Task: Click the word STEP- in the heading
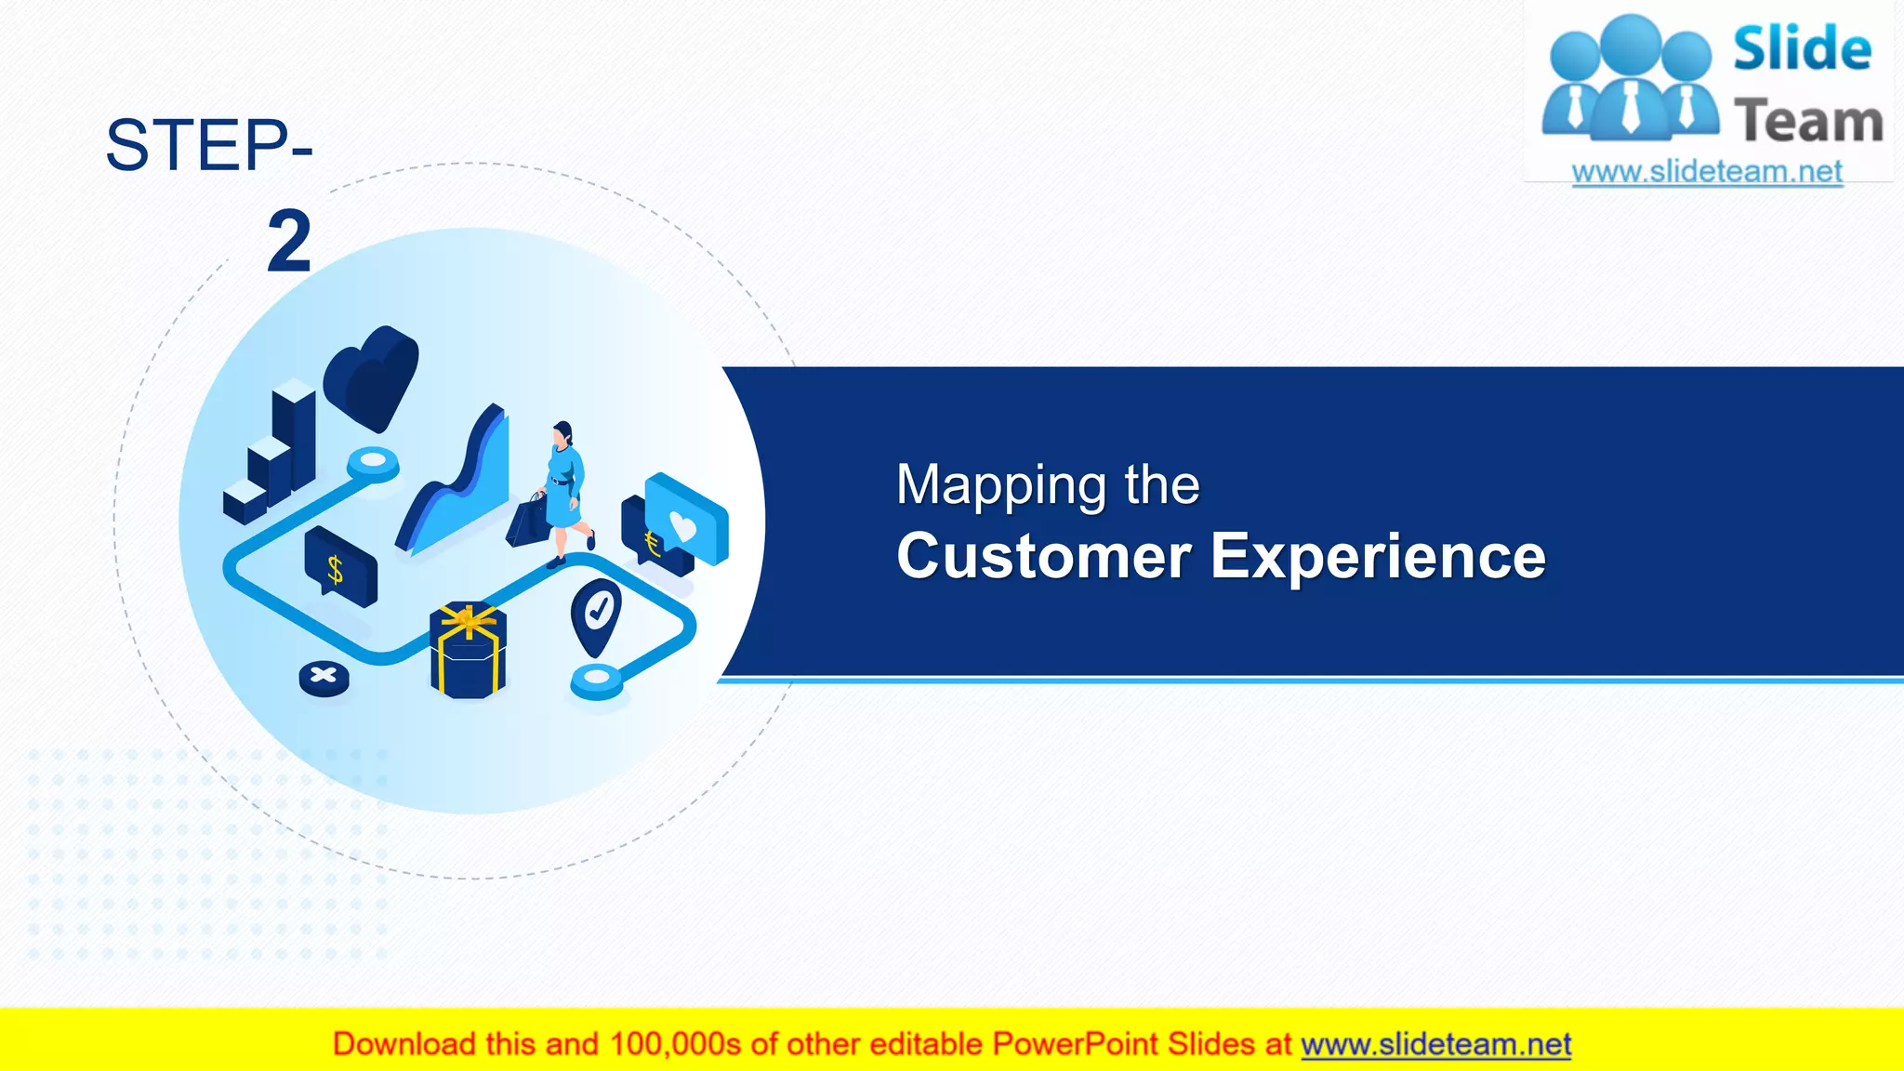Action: [208, 146]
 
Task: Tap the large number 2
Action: [288, 242]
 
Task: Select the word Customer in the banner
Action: [1043, 556]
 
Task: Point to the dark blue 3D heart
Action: [372, 377]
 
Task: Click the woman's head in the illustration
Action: [562, 433]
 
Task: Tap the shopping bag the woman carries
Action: [528, 522]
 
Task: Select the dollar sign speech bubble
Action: [338, 565]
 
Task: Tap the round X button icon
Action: [324, 677]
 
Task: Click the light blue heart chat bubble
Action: [688, 521]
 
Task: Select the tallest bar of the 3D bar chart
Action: [294, 437]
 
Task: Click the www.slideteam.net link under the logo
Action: [1706, 172]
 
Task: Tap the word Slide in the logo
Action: [1801, 49]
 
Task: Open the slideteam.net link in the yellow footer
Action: [1435, 1044]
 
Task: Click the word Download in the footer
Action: [403, 1044]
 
